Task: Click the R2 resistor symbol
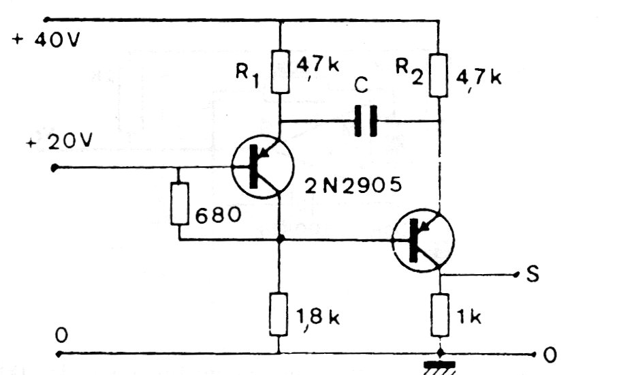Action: tap(440, 77)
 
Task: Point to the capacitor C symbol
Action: tap(366, 121)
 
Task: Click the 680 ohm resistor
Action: tap(178, 203)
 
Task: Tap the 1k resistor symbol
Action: tap(441, 315)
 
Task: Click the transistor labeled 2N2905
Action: tap(262, 166)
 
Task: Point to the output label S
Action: tap(533, 274)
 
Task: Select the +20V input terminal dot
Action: tap(55, 167)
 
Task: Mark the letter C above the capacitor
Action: tap(362, 87)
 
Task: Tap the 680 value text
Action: tap(218, 216)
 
